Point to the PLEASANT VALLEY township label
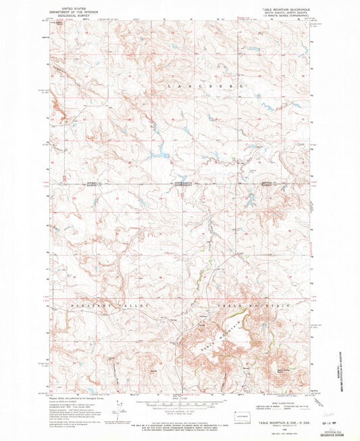(100, 306)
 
